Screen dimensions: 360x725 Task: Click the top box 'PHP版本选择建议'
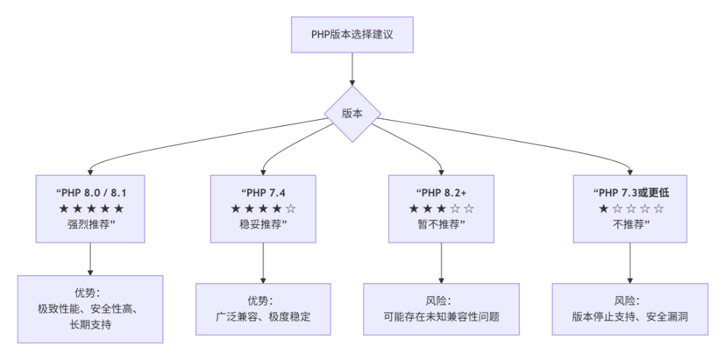point(352,34)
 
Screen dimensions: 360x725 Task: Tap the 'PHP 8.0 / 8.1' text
point(91,193)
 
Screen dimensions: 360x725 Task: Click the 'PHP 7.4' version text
point(263,193)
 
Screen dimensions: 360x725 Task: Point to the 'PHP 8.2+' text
point(441,193)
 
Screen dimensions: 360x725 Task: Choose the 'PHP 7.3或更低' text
point(630,193)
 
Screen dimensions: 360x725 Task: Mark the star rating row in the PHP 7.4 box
point(263,209)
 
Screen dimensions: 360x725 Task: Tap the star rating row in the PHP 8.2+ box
point(441,209)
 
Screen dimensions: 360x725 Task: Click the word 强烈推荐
point(90,224)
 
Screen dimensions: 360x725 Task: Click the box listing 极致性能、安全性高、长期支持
point(90,309)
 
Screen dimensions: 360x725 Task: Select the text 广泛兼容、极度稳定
point(263,317)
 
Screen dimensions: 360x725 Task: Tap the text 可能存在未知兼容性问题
point(441,317)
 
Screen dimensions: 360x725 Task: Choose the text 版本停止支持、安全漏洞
point(630,317)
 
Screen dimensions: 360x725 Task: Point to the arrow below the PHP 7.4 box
point(263,263)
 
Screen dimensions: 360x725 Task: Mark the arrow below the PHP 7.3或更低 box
point(630,263)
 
